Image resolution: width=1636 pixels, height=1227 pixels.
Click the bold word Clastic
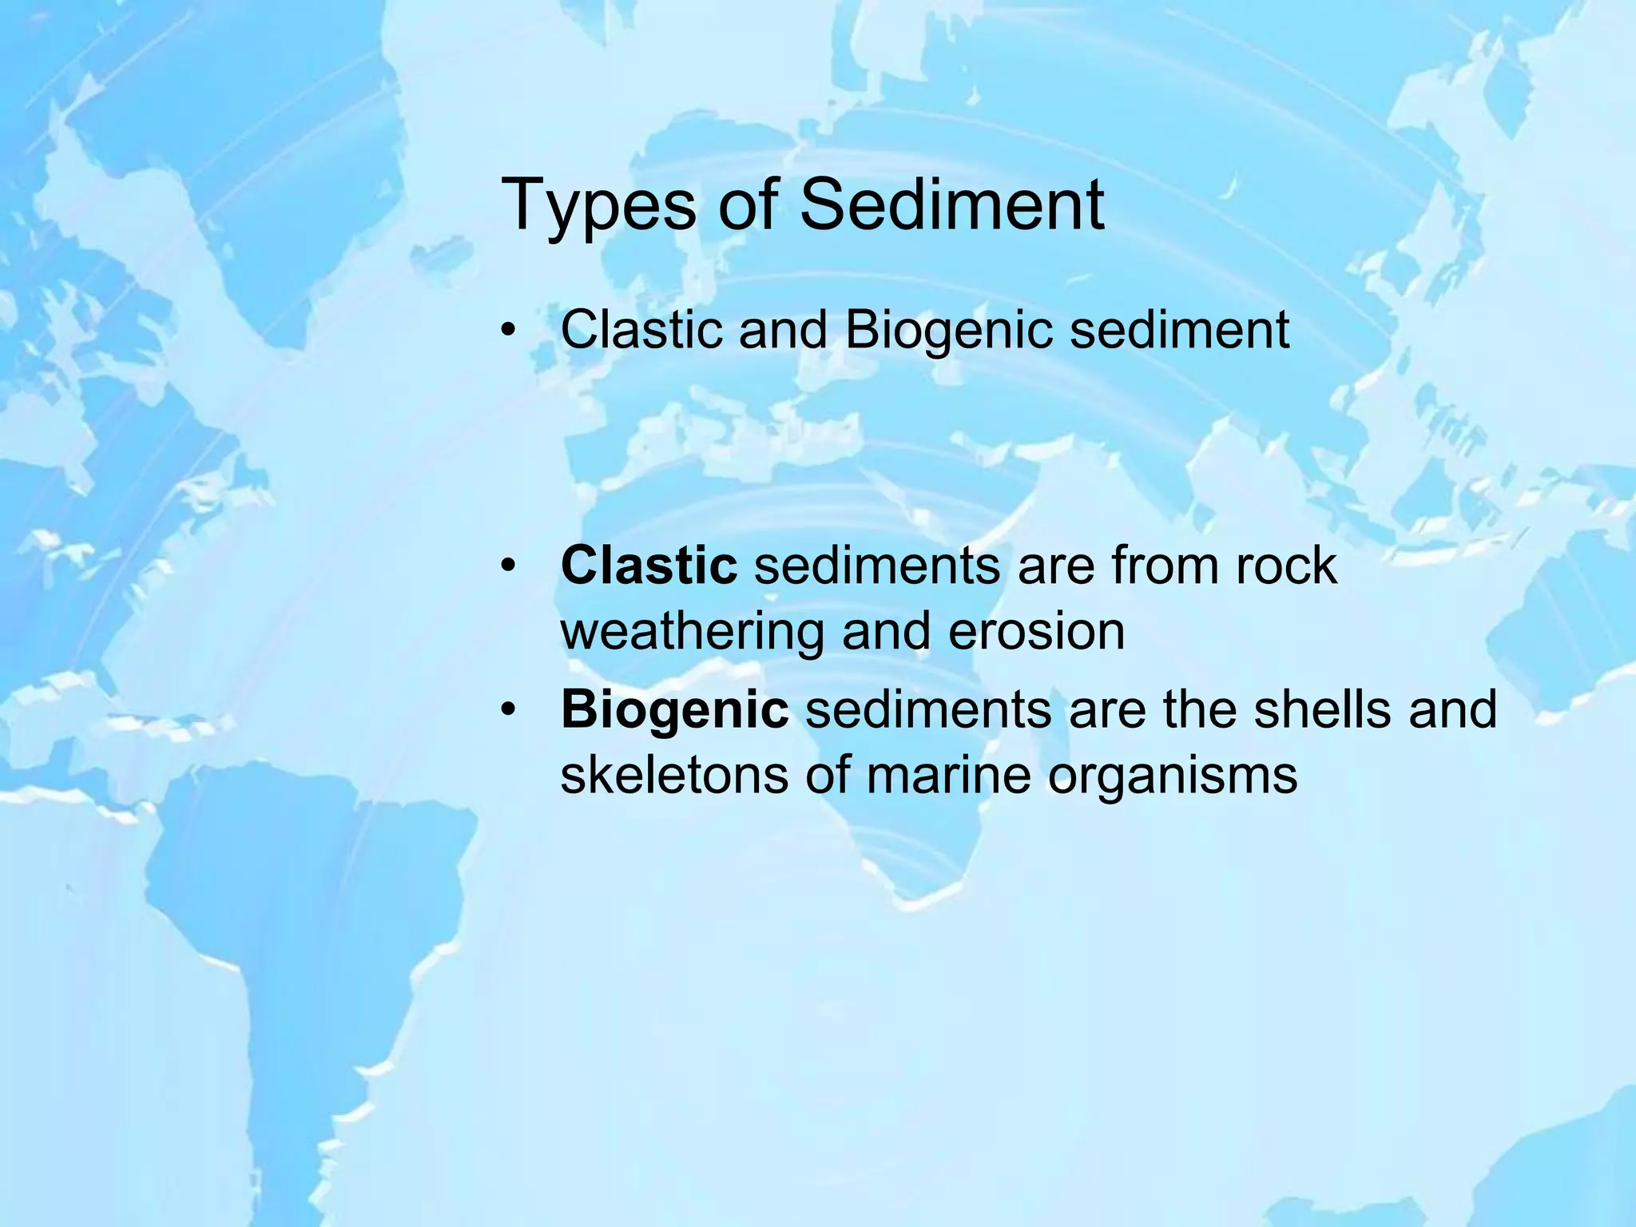point(649,566)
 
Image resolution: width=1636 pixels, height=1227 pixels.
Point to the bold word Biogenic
point(675,709)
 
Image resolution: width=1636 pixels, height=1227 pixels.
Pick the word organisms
point(1172,776)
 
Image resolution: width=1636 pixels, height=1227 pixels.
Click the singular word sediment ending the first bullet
point(1179,329)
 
